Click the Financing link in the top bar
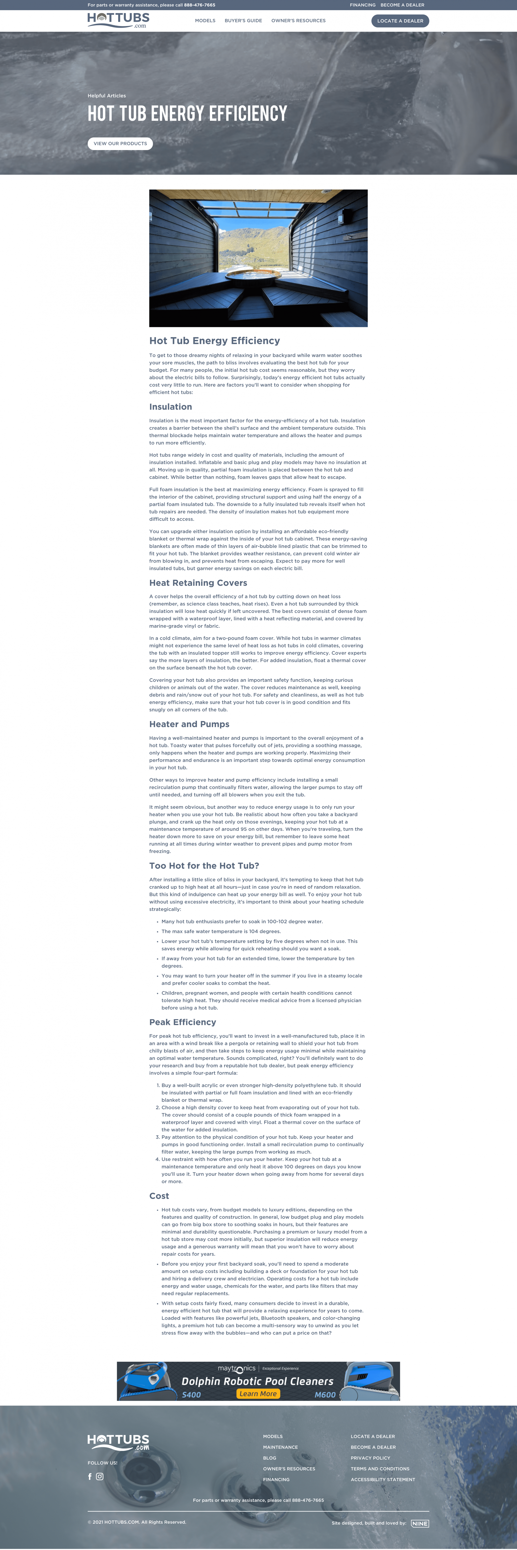(x=363, y=5)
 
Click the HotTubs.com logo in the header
(x=118, y=20)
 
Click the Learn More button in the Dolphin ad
(x=258, y=1394)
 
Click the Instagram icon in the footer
(x=100, y=1476)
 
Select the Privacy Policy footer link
(x=370, y=1458)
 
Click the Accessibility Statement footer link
(x=383, y=1480)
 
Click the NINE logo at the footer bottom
(x=420, y=1523)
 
